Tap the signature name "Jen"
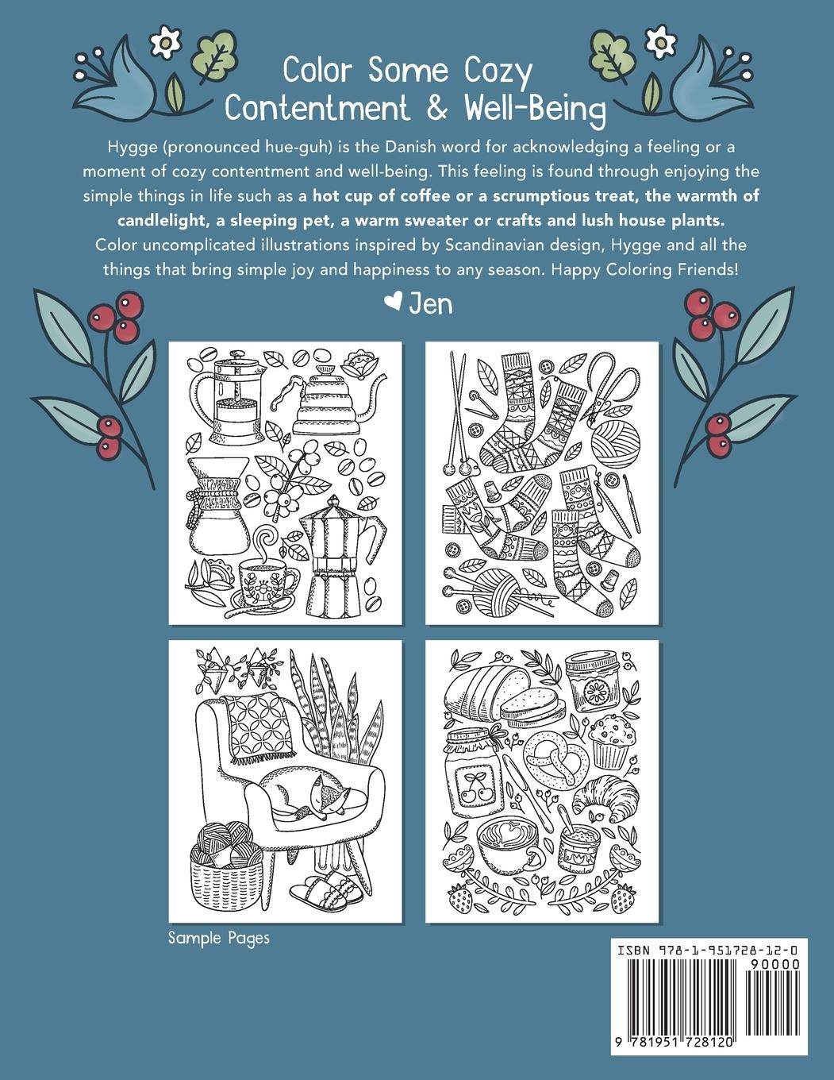coord(430,305)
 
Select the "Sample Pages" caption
coord(219,938)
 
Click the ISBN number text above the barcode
coord(708,951)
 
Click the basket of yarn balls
coord(227,865)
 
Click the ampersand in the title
coord(436,108)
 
